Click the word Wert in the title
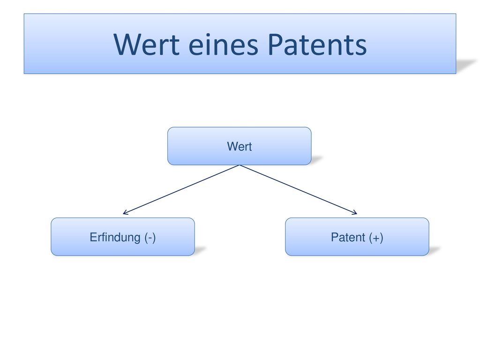coord(146,45)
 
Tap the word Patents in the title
coord(317,45)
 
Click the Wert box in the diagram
coord(240,146)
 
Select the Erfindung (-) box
coord(123,237)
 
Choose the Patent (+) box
coord(357,237)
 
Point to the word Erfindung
coord(115,237)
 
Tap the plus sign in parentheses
coord(376,238)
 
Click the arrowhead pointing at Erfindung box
coord(125,212)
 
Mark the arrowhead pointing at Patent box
coord(354,212)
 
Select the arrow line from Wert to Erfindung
coord(181,189)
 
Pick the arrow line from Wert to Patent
coord(298,189)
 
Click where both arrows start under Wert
coord(240,165)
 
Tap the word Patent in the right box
coord(348,237)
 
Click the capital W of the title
coord(127,45)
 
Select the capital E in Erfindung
coord(93,237)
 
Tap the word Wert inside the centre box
coord(240,146)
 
